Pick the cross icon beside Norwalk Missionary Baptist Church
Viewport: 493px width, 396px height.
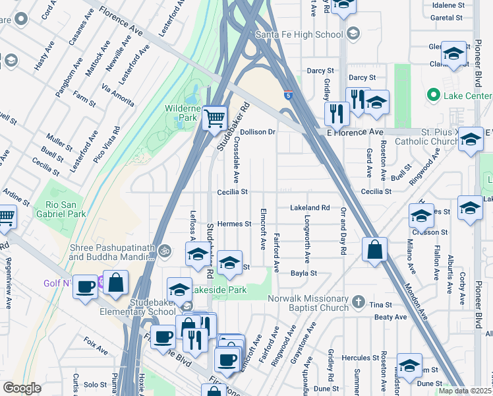click(359, 302)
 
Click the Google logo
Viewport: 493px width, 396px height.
click(22, 388)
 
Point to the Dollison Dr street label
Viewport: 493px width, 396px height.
click(257, 132)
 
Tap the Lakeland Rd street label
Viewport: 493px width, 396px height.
click(310, 208)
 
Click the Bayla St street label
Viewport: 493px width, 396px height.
click(304, 273)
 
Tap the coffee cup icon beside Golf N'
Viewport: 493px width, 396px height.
click(86, 286)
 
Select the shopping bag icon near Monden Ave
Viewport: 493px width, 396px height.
click(374, 249)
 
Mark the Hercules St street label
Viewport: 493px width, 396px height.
click(353, 358)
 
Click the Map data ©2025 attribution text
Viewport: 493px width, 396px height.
click(465, 391)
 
